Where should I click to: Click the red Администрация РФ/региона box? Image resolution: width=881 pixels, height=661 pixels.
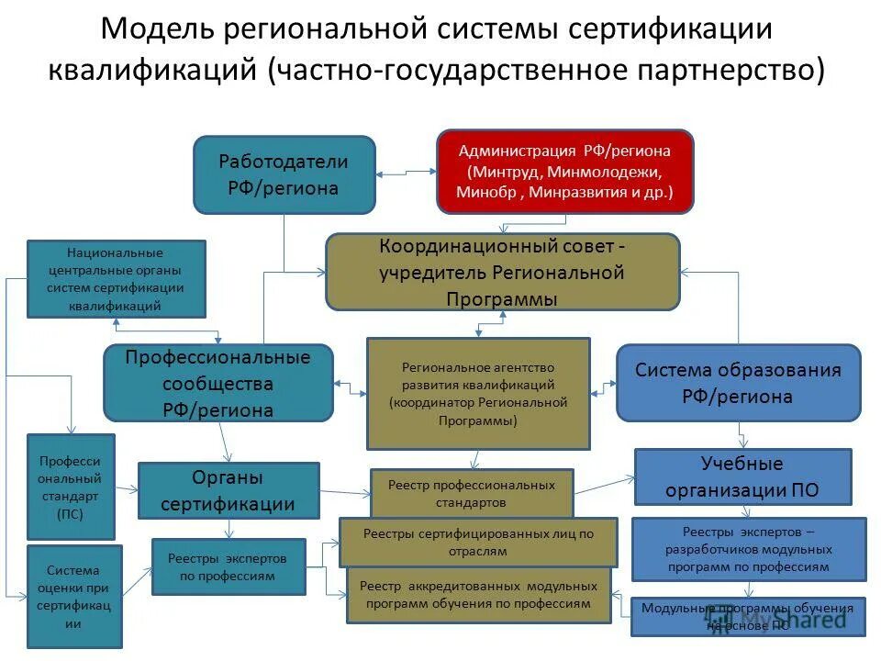coord(564,171)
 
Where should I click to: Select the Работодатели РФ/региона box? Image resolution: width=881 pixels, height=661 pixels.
coord(284,174)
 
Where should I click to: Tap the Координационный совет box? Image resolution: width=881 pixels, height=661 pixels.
coord(503,272)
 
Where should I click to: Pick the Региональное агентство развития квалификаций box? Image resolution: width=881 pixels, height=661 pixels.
coord(478,393)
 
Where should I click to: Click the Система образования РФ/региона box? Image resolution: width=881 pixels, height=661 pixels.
coord(738,383)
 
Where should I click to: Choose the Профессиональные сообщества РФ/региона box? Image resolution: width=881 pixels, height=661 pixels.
coord(217,383)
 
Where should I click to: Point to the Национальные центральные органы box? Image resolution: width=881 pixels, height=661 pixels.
coord(116,279)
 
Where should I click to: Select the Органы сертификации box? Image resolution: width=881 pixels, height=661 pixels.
coord(229,490)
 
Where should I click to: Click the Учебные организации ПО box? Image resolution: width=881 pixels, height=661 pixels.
coord(742,476)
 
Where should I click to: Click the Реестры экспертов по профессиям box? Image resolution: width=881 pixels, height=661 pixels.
coord(229,566)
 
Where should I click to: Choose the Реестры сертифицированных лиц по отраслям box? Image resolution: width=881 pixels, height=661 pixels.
coord(477,542)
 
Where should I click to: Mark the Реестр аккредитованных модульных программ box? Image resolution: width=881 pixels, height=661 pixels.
coord(478,595)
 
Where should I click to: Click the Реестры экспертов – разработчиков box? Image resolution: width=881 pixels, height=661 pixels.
coord(748,549)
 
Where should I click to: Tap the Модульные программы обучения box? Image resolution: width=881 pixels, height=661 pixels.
coord(747,616)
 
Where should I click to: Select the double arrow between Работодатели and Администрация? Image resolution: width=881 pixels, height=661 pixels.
coord(405,173)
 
